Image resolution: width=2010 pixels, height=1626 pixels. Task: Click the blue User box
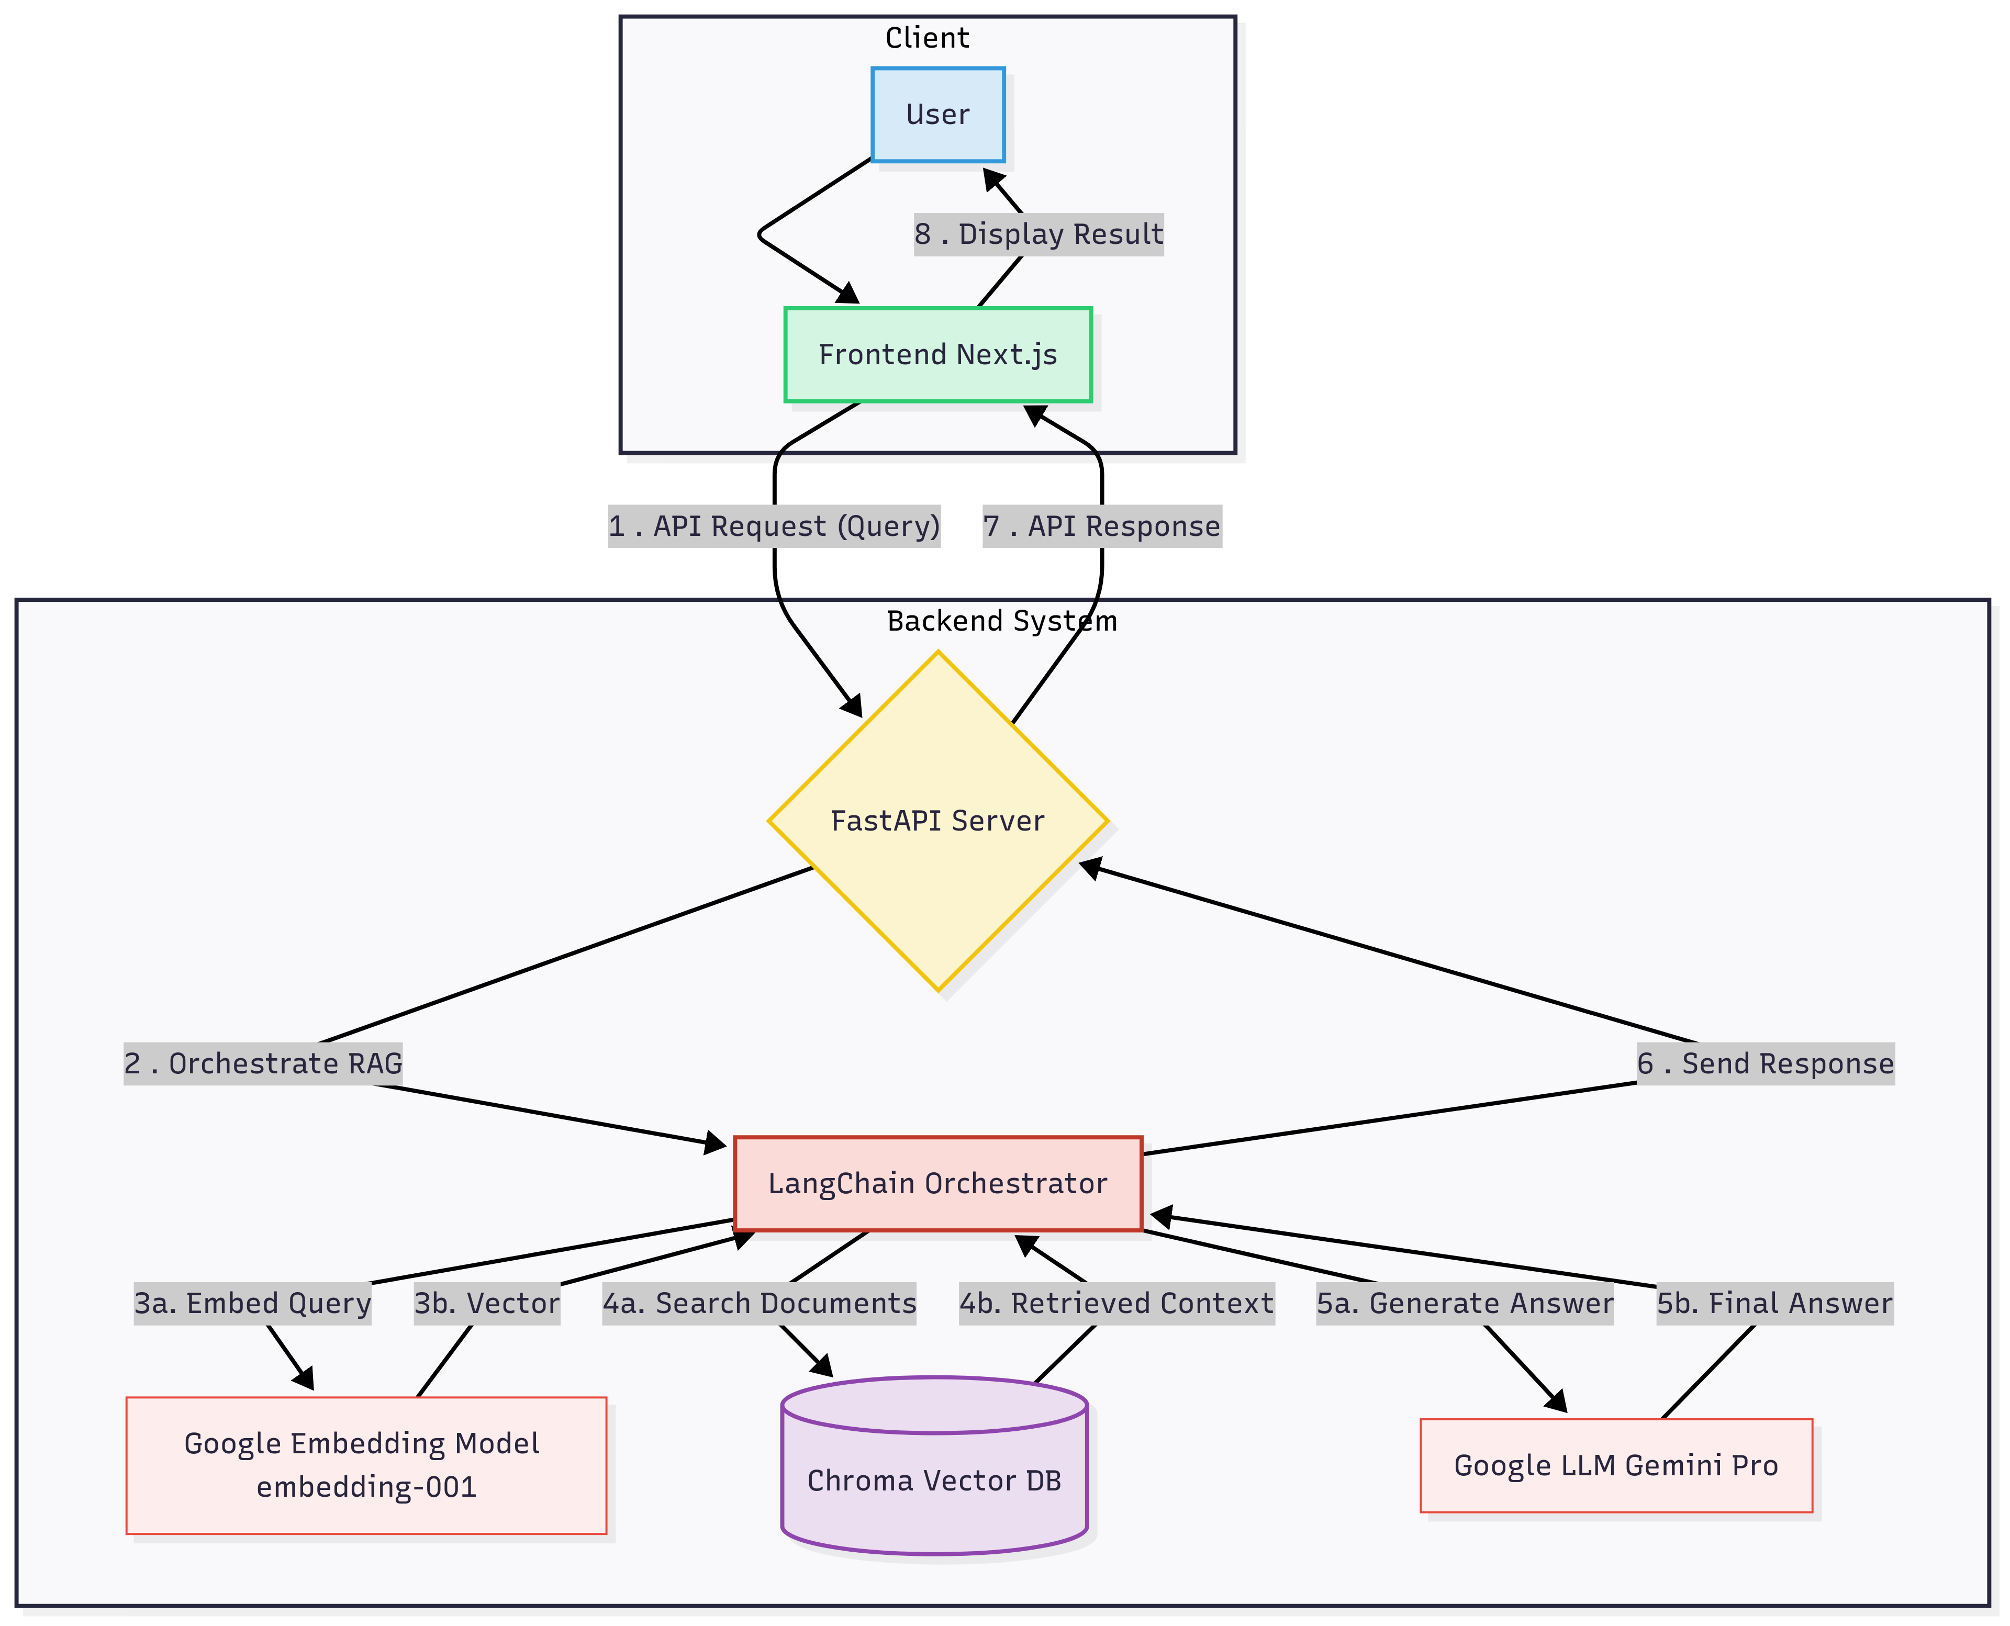pyautogui.click(x=937, y=114)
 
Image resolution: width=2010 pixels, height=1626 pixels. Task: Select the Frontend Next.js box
pyautogui.click(x=937, y=354)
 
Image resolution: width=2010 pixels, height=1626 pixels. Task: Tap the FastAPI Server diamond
pyautogui.click(x=937, y=821)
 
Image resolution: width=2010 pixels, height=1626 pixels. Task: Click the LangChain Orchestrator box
pyautogui.click(x=937, y=1183)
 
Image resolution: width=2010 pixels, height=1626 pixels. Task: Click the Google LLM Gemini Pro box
pyautogui.click(x=1616, y=1465)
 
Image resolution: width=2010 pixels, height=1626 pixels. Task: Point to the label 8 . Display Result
pyautogui.click(x=1038, y=234)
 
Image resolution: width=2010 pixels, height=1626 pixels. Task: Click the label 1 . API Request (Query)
pyautogui.click(x=774, y=526)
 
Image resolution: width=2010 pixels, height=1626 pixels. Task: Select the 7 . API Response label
pyautogui.click(x=1101, y=526)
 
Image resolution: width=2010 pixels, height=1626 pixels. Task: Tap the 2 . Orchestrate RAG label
pyautogui.click(x=263, y=1063)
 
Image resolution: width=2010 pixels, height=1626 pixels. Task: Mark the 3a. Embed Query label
pyautogui.click(x=253, y=1303)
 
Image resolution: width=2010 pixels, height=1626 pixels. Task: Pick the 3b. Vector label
pyautogui.click(x=487, y=1303)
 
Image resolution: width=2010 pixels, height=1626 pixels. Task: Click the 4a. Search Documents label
pyautogui.click(x=758, y=1303)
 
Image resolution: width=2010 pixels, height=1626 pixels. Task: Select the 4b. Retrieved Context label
pyautogui.click(x=1116, y=1303)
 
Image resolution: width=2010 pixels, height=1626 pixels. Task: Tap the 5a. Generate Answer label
pyautogui.click(x=1465, y=1303)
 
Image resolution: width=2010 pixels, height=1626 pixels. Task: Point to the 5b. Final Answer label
pyautogui.click(x=1775, y=1303)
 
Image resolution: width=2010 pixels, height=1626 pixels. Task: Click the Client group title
pyautogui.click(x=927, y=38)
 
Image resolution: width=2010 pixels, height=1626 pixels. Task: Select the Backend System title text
pyautogui.click(x=1001, y=621)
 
